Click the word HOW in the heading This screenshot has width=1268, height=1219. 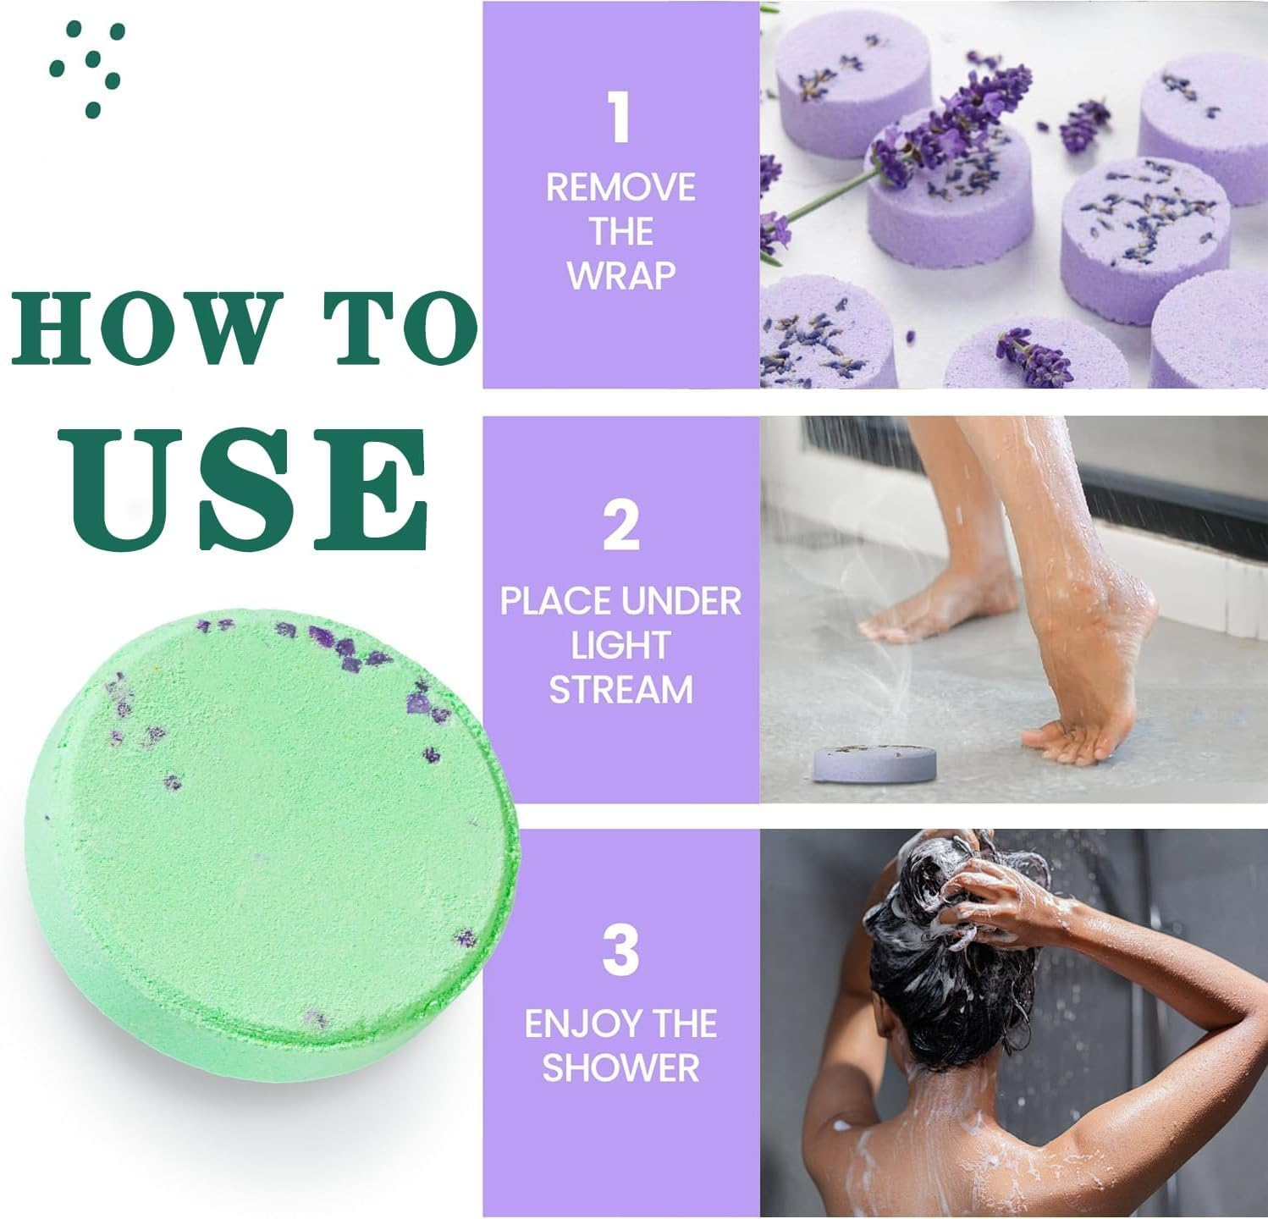(x=148, y=327)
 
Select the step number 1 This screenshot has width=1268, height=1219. (x=620, y=119)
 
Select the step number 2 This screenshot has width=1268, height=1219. (x=620, y=525)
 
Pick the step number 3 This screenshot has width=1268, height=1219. (x=620, y=950)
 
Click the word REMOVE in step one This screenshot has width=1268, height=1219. (x=620, y=188)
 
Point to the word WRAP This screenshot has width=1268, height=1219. (x=620, y=276)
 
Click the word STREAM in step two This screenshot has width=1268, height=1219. (x=620, y=689)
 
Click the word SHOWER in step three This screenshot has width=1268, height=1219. (x=620, y=1068)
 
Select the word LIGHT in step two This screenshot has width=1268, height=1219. (x=620, y=645)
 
